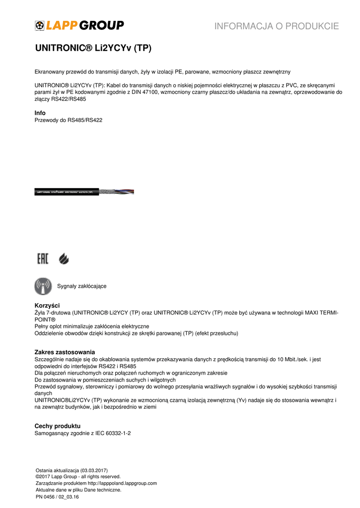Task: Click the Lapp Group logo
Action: [79, 25]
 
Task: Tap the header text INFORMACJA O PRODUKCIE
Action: [277, 26]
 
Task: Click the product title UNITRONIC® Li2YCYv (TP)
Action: [93, 49]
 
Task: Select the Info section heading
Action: [40, 113]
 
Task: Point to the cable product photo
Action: [84, 192]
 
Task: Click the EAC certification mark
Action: [43, 258]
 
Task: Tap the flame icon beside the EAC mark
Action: [64, 258]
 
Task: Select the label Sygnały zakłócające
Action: [81, 286]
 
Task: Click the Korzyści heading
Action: [47, 305]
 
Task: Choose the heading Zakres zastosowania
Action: [65, 352]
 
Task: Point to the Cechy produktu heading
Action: [57, 426]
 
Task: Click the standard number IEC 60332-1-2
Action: [113, 433]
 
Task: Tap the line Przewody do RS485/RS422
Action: [69, 120]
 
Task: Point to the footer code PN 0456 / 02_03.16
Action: [57, 496]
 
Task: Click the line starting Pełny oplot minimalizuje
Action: [92, 326]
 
